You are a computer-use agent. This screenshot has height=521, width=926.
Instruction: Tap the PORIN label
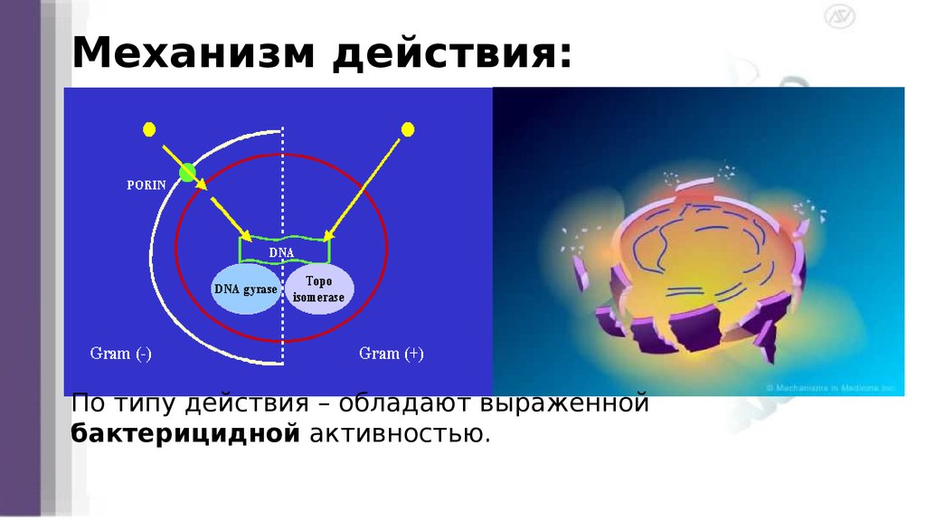pos(145,185)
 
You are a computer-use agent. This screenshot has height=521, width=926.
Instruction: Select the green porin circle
pos(187,172)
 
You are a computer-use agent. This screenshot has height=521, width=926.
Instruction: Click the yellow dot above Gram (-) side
pos(148,128)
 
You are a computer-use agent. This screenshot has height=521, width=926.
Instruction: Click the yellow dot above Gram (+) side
pos(408,128)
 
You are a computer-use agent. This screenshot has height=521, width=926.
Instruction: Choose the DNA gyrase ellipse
pos(245,289)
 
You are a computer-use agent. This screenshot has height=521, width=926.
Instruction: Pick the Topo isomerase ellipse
pos(319,289)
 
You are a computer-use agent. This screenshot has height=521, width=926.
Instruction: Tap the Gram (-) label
pos(120,353)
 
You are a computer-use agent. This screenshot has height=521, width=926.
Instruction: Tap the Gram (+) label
pos(391,353)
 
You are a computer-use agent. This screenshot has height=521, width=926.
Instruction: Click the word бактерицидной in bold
pos(185,434)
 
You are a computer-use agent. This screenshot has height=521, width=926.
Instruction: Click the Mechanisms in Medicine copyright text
pos(830,387)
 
